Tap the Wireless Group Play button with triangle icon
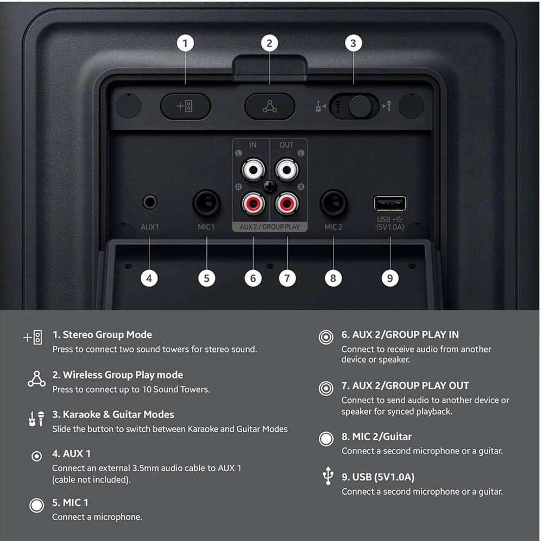pyautogui.click(x=270, y=106)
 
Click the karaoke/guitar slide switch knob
pyautogui.click(x=361, y=106)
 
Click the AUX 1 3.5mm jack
pyautogui.click(x=150, y=202)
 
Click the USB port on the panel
pyautogui.click(x=390, y=203)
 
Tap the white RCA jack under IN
pyautogui.click(x=254, y=169)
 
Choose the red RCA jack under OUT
pyautogui.click(x=287, y=203)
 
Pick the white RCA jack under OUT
pyautogui.click(x=287, y=169)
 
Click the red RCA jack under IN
pyautogui.click(x=254, y=203)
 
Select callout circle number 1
pyautogui.click(x=185, y=43)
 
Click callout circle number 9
pyautogui.click(x=390, y=278)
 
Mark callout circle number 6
pyautogui.click(x=253, y=278)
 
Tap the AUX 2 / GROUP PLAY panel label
pyautogui.click(x=270, y=227)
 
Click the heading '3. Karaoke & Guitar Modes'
pyautogui.click(x=113, y=414)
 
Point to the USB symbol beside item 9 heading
pyautogui.click(x=328, y=476)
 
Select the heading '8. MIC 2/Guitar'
pyautogui.click(x=377, y=437)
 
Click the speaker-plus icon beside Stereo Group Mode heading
pyautogui.click(x=33, y=337)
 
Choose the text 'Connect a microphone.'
pyautogui.click(x=97, y=517)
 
